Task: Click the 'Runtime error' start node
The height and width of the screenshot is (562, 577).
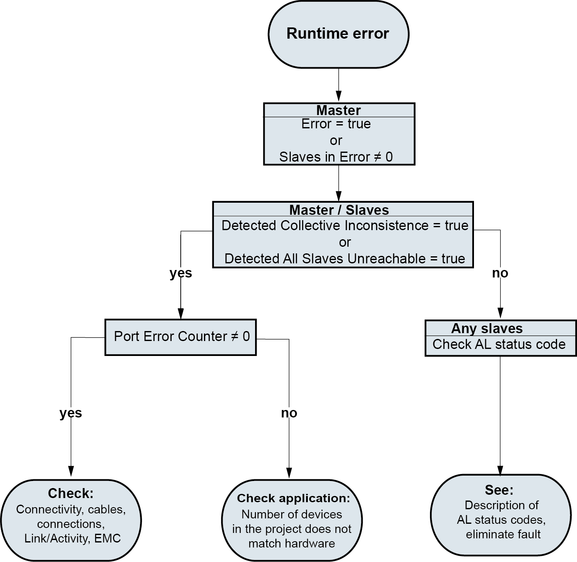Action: point(338,34)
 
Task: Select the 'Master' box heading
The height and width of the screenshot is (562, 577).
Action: point(339,110)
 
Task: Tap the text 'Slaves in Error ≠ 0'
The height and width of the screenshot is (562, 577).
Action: point(336,157)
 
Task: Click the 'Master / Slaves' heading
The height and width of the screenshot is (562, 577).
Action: point(339,210)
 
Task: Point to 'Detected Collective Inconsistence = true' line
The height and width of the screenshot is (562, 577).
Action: point(345,226)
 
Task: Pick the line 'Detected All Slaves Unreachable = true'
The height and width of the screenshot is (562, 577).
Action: point(345,259)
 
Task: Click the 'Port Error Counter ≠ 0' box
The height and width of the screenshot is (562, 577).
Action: point(182,336)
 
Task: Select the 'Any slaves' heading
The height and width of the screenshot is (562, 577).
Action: point(487,329)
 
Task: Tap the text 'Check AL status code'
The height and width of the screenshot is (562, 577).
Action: point(499,344)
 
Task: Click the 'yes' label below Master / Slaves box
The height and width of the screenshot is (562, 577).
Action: point(181,273)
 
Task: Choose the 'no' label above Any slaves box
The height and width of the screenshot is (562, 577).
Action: point(500,273)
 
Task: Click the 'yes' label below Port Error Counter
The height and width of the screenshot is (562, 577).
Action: point(71,413)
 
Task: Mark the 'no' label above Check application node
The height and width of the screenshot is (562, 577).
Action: point(289,413)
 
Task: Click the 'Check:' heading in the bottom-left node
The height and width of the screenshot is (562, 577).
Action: point(71,493)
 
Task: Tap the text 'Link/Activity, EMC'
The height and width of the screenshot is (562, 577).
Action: point(72,538)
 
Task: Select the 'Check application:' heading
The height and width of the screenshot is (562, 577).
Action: point(293,498)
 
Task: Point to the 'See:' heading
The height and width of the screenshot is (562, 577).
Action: point(499,490)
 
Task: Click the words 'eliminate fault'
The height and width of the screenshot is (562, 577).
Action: point(503,534)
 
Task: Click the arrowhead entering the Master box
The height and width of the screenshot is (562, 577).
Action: point(339,97)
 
